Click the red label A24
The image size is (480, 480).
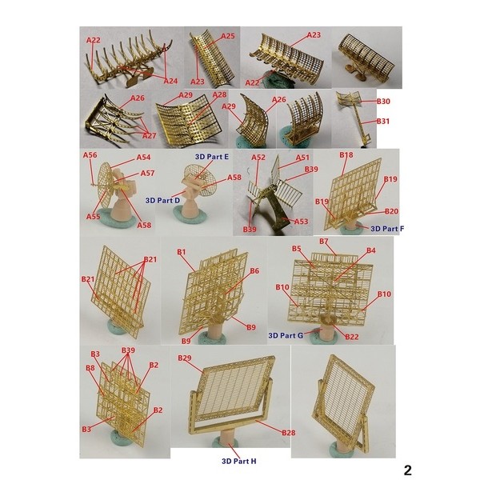click(x=170, y=81)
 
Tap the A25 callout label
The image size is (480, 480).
click(x=228, y=36)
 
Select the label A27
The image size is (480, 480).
click(x=149, y=135)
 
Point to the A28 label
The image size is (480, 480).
click(x=219, y=94)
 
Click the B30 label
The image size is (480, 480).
click(x=383, y=102)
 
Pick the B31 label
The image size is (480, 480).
click(x=382, y=122)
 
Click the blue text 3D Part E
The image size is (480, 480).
click(x=212, y=157)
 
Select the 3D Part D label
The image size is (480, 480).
click(x=162, y=201)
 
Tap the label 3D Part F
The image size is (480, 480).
click(x=387, y=229)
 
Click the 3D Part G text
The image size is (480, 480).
click(x=286, y=335)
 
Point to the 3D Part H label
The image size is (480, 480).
click(x=238, y=461)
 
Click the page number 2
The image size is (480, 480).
click(x=407, y=470)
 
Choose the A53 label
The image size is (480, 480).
click(x=301, y=222)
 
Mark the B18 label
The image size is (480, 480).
click(x=346, y=155)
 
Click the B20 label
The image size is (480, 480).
click(x=391, y=211)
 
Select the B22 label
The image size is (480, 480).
click(x=351, y=337)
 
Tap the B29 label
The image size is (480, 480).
click(x=185, y=358)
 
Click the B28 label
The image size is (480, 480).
click(x=288, y=433)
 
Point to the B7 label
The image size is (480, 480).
click(x=323, y=242)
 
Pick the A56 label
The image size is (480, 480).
click(x=90, y=155)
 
